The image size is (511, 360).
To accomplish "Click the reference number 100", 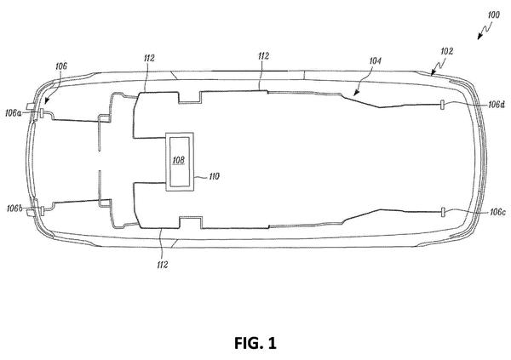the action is click(x=493, y=15).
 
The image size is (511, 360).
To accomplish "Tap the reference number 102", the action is click(x=446, y=51).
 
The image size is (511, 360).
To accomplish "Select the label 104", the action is click(x=375, y=61).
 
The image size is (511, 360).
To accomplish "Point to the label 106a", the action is click(x=14, y=113).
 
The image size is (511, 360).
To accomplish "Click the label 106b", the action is click(x=14, y=209).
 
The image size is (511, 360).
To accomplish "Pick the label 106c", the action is click(x=497, y=213).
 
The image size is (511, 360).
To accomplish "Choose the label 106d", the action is click(x=497, y=105).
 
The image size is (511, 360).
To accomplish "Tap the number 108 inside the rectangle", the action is click(x=178, y=160).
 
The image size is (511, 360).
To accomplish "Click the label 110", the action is click(x=214, y=176).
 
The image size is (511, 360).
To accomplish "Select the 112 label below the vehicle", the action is click(x=163, y=265).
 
